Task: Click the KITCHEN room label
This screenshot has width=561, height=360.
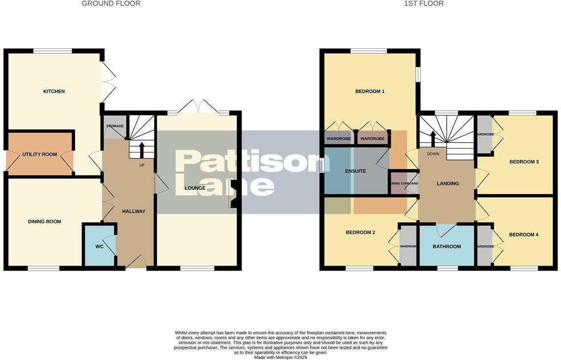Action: (54, 91)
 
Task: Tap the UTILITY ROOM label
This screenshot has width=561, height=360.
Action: (40, 155)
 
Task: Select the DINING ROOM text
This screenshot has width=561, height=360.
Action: (44, 222)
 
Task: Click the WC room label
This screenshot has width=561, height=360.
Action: (99, 246)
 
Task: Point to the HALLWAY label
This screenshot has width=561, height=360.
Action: (134, 211)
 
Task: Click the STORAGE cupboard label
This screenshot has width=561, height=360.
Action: (115, 126)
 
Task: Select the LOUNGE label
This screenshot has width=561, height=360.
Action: (195, 188)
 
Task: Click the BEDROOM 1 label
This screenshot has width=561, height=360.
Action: (370, 91)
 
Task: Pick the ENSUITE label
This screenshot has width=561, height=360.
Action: (356, 171)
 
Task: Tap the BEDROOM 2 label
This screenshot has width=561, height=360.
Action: (361, 232)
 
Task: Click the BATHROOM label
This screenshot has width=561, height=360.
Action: (447, 246)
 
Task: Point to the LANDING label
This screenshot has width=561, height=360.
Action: (448, 184)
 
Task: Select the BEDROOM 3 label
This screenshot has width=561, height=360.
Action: (524, 162)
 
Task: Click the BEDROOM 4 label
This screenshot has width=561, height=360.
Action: (523, 235)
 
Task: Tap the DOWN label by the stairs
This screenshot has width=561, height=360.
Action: (433, 154)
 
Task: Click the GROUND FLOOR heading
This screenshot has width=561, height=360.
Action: (111, 3)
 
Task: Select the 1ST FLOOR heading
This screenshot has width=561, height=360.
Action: (424, 3)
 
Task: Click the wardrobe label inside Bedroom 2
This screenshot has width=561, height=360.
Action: (408, 246)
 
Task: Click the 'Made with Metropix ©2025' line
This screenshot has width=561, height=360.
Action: (280, 357)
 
